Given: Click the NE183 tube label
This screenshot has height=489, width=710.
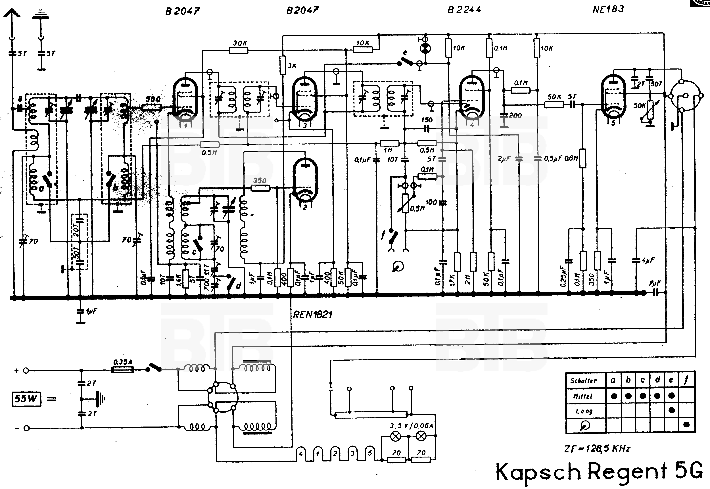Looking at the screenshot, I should pyautogui.click(x=608, y=9).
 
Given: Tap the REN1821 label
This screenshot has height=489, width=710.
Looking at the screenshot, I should pyautogui.click(x=313, y=315).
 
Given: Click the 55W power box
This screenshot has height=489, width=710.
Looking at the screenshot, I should pyautogui.click(x=26, y=399).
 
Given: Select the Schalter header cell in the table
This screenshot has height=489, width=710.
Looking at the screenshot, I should pyautogui.click(x=584, y=381).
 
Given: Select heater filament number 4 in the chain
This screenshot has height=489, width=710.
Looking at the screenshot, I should pyautogui.click(x=301, y=454).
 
